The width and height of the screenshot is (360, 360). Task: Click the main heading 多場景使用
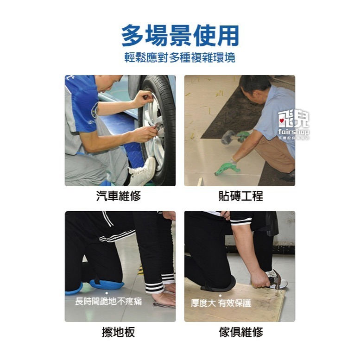(180, 36)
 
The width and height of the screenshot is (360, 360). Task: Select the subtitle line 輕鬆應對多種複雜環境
(180, 58)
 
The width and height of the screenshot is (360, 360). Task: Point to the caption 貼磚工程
(240, 196)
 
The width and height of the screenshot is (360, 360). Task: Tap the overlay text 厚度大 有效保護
(221, 303)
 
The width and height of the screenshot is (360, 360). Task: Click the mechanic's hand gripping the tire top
(143, 99)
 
